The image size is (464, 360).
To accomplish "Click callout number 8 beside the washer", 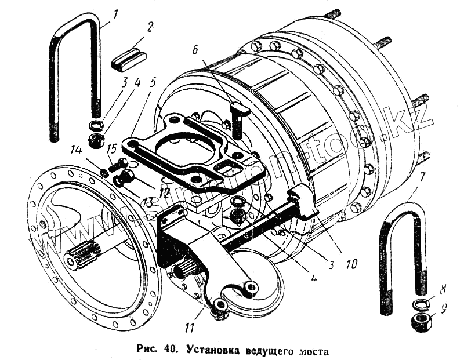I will [x=443, y=288].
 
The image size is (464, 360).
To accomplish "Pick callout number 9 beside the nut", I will [x=443, y=309].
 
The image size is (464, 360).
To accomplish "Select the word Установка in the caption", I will [x=214, y=351].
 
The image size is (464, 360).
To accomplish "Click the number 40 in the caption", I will [x=171, y=350].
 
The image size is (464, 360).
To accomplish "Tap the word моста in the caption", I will [x=311, y=351].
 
